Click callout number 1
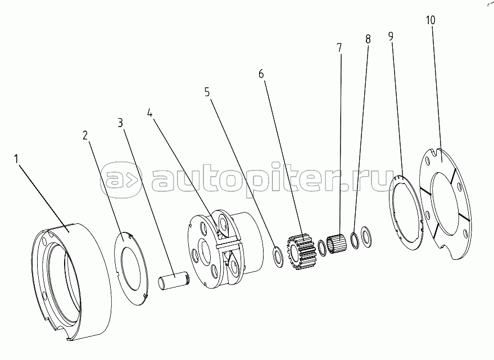[16, 159]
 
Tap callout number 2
[85, 136]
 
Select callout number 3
[120, 123]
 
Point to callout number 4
[150, 113]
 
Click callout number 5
[207, 92]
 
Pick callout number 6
[261, 74]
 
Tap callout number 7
[339, 48]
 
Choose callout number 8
[368, 39]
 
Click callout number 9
[391, 37]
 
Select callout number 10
[430, 20]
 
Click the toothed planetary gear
[301, 251]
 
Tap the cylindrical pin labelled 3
[174, 280]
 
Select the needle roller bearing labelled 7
[337, 243]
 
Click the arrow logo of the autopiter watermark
[121, 181]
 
